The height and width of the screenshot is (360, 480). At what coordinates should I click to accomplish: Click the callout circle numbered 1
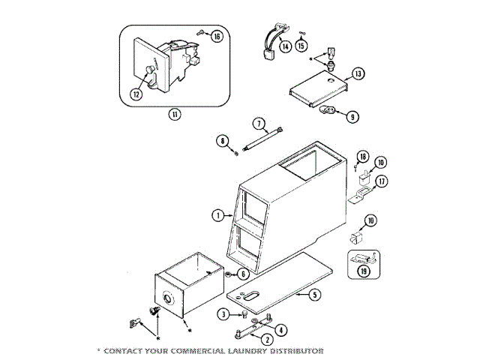(217, 215)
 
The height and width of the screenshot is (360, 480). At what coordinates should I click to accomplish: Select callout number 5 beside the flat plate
(315, 295)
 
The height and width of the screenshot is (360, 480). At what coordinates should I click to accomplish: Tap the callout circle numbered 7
(258, 122)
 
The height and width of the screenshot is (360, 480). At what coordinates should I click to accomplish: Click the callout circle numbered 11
(174, 114)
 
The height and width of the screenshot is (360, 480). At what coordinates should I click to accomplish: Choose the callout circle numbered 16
(217, 36)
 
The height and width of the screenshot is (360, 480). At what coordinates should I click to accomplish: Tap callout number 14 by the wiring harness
(285, 46)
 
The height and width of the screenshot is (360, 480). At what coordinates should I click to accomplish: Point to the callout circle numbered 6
(244, 274)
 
